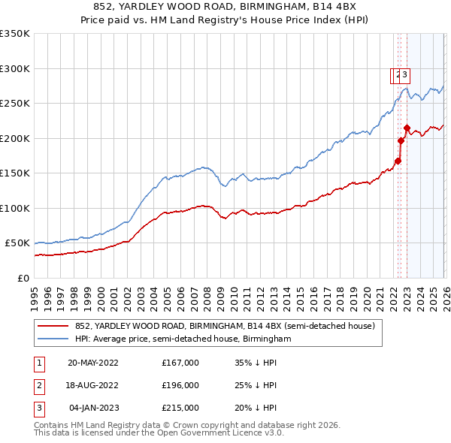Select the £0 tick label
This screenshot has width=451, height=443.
[23, 278]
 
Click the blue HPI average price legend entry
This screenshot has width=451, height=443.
[183, 339]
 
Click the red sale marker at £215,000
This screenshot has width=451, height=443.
[407, 128]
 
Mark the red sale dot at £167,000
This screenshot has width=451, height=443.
[398, 161]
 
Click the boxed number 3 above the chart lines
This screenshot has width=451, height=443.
[405, 74]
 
